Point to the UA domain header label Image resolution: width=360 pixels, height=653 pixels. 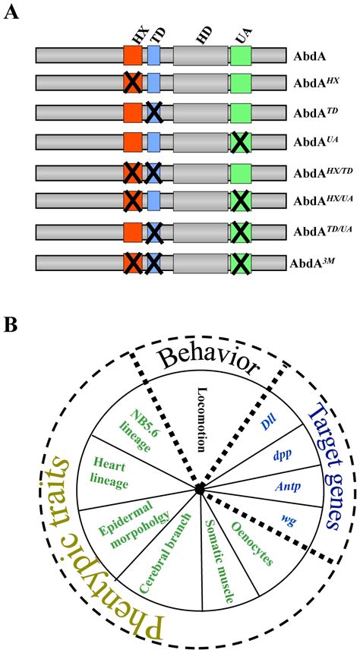coord(241,35)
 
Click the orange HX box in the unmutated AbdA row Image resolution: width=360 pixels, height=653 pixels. coord(133,55)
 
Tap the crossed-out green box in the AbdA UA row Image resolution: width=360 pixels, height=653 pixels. coord(241,142)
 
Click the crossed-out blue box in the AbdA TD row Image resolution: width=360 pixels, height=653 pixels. coord(153,112)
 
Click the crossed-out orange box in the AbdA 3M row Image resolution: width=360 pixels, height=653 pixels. coord(133,263)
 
